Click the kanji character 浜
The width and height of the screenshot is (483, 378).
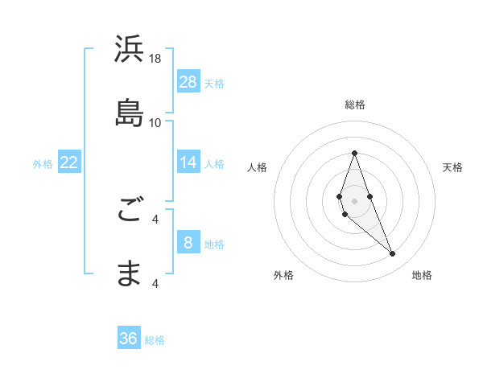click(x=130, y=50)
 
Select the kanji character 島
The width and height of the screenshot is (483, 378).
click(x=130, y=113)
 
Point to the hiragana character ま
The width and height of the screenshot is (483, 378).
click(x=130, y=273)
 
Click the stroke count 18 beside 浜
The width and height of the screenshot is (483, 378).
click(x=155, y=58)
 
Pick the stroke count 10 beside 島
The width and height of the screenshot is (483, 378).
click(x=155, y=122)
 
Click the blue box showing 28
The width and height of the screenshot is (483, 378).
click(x=188, y=81)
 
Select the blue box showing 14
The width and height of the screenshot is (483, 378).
click(x=188, y=162)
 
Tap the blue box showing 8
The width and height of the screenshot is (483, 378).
click(x=188, y=242)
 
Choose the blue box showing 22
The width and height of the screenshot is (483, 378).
click(x=69, y=162)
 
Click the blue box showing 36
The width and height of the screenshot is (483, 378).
click(x=129, y=339)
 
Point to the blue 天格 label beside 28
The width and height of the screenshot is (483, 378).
click(x=214, y=83)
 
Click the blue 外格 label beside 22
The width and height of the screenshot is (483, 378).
click(x=43, y=163)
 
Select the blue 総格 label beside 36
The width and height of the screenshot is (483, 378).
click(x=155, y=340)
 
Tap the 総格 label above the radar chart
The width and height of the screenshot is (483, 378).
click(x=355, y=105)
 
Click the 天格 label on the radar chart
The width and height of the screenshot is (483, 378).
click(x=452, y=167)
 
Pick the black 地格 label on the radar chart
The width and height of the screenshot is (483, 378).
click(x=422, y=276)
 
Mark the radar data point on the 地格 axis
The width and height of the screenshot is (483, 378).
click(x=393, y=254)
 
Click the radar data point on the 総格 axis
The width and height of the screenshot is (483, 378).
click(x=355, y=153)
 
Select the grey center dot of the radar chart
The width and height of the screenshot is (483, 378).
click(x=355, y=199)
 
